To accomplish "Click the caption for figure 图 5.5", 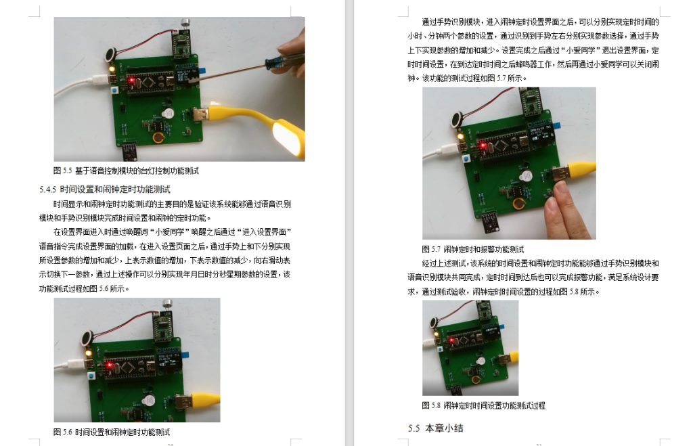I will [x=126, y=171].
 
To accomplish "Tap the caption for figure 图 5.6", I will [x=112, y=431].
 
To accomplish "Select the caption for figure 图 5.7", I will [x=473, y=249].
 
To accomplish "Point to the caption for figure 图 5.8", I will [x=483, y=405].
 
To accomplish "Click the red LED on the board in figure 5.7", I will [x=481, y=145].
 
